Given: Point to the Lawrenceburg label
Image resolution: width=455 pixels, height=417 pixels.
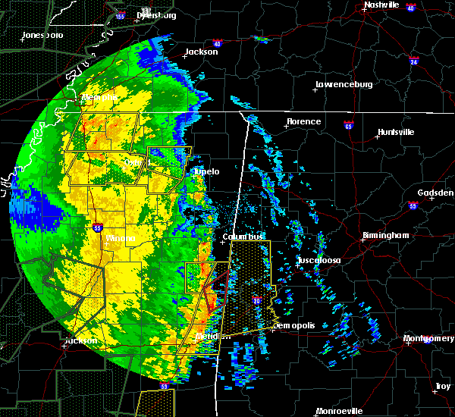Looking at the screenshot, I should tap(344, 84).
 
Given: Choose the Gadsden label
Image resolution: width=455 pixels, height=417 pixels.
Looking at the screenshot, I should tap(435, 193).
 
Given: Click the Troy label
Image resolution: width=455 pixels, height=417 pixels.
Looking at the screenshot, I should tap(442, 387).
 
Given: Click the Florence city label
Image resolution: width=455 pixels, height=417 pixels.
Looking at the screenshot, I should tap(303, 121).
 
